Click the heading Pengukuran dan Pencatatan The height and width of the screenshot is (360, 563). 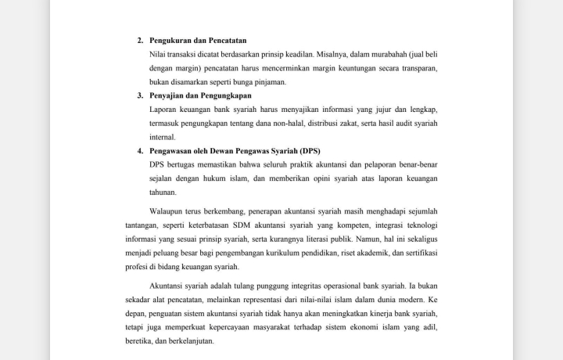[x=199, y=40]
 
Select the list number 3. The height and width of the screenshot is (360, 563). [x=140, y=95]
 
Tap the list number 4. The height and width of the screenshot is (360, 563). [x=140, y=151]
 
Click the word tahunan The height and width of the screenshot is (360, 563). [x=163, y=193]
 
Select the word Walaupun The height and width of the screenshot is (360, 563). [x=167, y=211]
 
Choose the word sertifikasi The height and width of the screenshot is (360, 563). [x=418, y=253]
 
